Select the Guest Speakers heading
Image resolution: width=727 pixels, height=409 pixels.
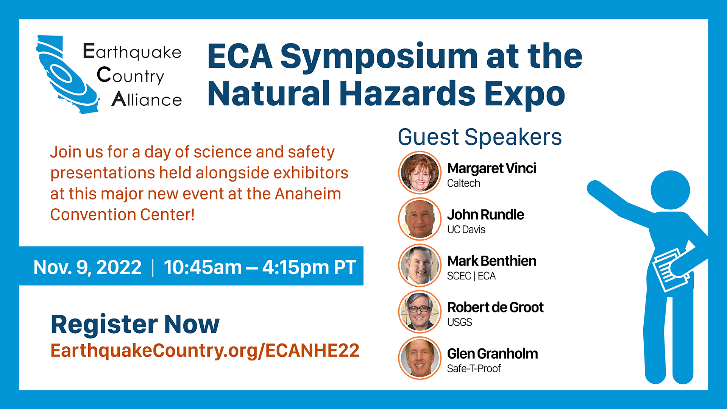480,137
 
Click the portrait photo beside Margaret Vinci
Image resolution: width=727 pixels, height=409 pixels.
420,172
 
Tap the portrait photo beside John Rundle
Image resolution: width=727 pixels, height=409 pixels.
420,219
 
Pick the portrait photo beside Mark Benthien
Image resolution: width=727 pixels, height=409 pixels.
420,265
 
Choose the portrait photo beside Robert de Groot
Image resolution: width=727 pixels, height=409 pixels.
420,311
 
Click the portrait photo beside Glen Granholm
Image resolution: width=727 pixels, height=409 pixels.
420,358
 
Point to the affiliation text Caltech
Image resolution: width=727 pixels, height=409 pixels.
463,183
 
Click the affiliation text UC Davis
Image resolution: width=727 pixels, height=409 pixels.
466,229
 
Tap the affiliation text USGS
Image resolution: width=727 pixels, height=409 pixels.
459,322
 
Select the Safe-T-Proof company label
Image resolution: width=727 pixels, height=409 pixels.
474,368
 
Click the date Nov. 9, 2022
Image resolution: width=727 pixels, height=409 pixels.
87,267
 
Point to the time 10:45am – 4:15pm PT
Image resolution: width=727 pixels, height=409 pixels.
260,267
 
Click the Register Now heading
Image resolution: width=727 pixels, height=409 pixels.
135,325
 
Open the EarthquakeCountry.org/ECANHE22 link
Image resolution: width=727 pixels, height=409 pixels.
205,351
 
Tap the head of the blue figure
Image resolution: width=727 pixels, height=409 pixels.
670,190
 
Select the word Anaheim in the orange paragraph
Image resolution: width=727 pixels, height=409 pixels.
308,194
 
